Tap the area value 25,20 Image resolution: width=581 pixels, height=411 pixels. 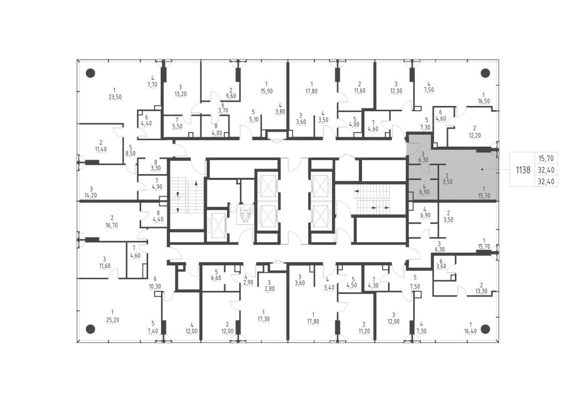pos(112,319)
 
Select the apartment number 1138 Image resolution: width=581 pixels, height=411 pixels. pos(523,170)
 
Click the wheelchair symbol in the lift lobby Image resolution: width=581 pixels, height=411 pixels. pos(244,214)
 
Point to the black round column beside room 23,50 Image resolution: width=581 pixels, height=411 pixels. pos(91,73)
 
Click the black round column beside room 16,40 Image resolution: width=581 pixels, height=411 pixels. pos(485,328)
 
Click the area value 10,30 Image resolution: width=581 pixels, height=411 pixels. pos(155,286)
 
